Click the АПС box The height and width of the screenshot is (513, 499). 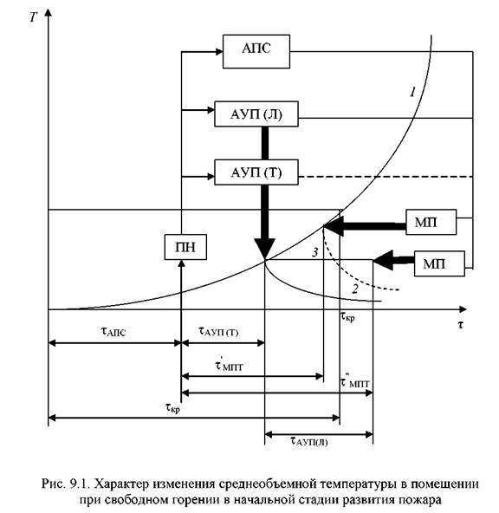coord(256,51)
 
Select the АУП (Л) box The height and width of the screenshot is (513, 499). coord(256,114)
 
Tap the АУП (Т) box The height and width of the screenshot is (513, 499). coord(256,172)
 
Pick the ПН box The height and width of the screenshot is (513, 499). coord(185,247)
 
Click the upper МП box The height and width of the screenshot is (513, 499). coord(431,222)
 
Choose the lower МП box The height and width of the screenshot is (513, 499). coord(439,263)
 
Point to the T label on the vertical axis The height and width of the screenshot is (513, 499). coord(33,17)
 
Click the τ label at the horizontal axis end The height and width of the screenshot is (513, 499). coord(460,324)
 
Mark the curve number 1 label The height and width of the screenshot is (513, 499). coord(413,92)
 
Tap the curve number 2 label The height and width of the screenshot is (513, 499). coord(355,289)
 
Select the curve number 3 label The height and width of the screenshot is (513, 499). coord(314,252)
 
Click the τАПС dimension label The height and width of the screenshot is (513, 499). coord(113,331)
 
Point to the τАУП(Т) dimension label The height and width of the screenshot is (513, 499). coord(218,331)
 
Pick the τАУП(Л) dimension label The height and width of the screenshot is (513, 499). coord(308,441)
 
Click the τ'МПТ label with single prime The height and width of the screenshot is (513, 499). coord(230,365)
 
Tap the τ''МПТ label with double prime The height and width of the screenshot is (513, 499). coord(355,381)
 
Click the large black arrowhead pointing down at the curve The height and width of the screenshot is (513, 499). coord(264,249)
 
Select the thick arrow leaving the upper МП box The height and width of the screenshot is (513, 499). coord(365,226)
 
